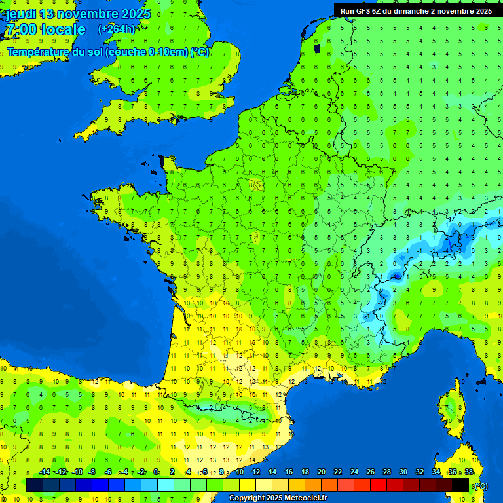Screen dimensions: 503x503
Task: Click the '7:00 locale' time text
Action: (x=45, y=30)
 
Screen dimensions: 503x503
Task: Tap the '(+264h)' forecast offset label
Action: (x=117, y=29)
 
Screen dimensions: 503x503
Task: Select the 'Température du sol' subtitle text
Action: (x=55, y=52)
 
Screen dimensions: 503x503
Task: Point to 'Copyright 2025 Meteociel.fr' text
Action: (x=278, y=498)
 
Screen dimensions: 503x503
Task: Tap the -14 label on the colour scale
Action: (x=45, y=472)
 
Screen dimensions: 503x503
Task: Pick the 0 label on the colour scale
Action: (x=156, y=472)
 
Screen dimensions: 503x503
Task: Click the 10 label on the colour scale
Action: (x=240, y=472)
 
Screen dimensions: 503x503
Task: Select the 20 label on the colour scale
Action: (x=322, y=472)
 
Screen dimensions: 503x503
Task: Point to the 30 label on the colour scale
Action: (x=403, y=472)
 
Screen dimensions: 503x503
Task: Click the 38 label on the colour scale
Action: (x=469, y=472)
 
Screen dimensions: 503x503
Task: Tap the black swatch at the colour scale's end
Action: (x=460, y=485)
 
